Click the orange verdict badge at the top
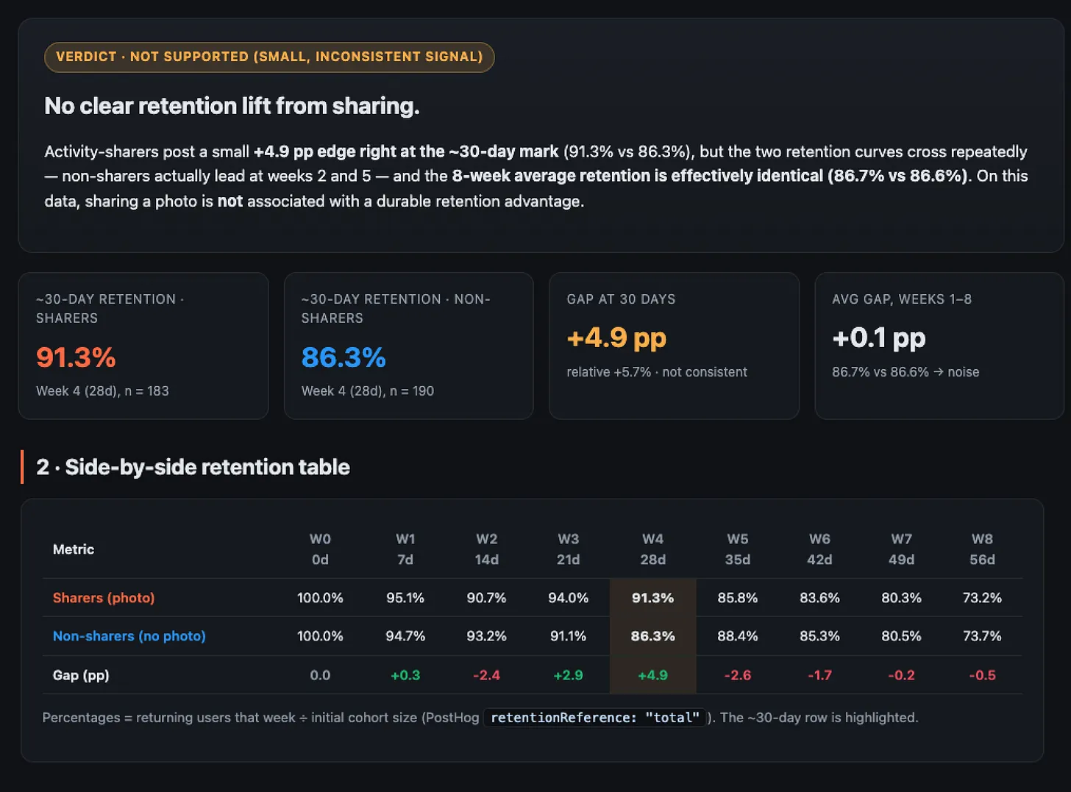pos(269,57)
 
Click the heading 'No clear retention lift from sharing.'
pos(232,106)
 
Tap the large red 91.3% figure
pos(76,357)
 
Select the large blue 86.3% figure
pos(344,357)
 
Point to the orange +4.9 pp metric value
pos(616,338)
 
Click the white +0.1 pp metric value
pos(879,338)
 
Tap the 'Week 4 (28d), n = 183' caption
pos(102,390)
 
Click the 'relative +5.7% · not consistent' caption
pos(657,372)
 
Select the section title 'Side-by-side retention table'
pos(207,467)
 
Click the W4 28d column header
pos(653,549)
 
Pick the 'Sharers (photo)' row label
pos(104,598)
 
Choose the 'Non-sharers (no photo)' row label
pos(129,636)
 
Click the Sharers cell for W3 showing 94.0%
pos(569,598)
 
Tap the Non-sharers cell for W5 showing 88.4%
pos(737,636)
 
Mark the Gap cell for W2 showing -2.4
pos(486,675)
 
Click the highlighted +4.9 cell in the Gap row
pos(653,675)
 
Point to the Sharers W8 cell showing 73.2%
pos(982,598)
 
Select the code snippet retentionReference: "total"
pos(595,718)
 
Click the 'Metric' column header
pos(74,549)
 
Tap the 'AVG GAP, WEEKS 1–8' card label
pos(902,299)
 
